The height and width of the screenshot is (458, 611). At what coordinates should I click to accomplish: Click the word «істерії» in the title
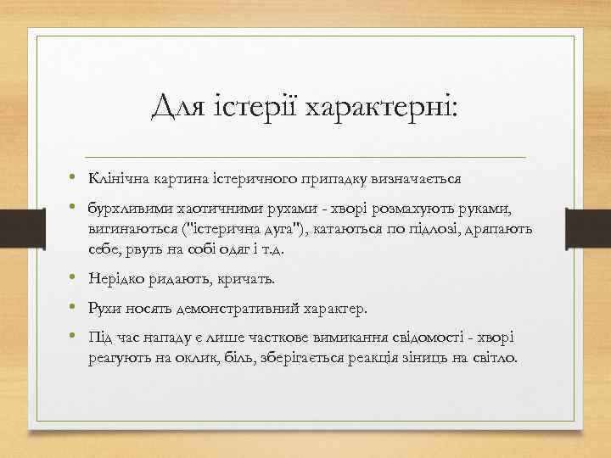(251, 108)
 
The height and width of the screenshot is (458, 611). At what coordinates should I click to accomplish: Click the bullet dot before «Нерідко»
(75, 279)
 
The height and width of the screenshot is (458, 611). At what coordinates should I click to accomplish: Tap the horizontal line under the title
(305, 158)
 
